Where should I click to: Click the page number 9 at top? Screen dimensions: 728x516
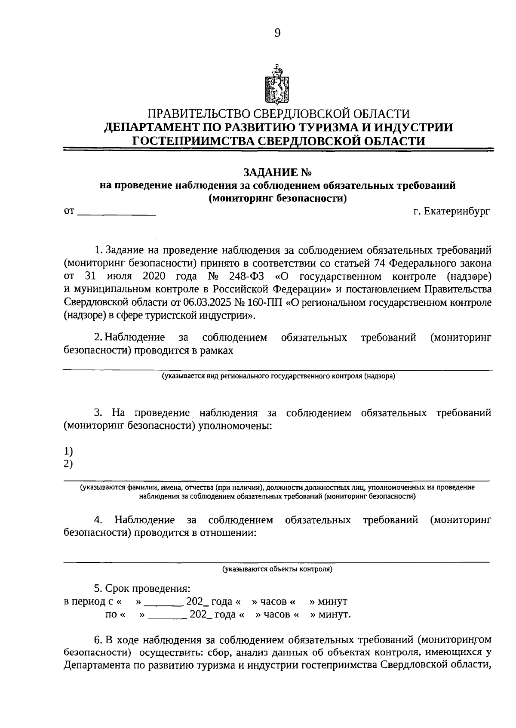point(277,33)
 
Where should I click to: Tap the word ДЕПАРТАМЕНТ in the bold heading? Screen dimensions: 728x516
point(153,127)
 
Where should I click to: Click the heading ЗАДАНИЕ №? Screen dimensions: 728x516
point(277,172)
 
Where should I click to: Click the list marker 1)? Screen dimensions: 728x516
point(68,451)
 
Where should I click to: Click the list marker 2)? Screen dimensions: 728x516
point(68,464)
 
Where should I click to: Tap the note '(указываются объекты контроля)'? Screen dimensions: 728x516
point(277,569)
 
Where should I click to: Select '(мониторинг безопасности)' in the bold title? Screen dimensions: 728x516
point(277,198)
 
